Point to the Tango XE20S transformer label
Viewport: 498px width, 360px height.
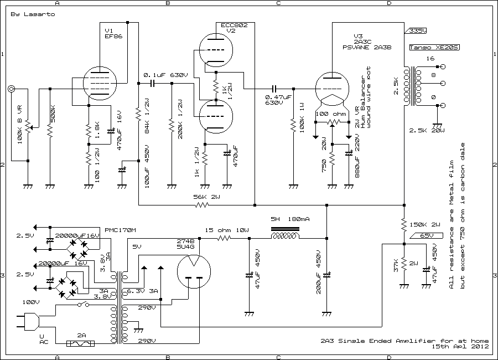pos(427,48)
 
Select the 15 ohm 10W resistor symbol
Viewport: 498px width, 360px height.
pos(224,238)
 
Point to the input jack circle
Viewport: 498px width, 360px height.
pos(11,89)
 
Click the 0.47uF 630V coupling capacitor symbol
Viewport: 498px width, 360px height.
pos(274,89)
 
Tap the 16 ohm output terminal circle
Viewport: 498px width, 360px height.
pos(442,67)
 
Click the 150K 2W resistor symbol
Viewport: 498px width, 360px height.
pos(404,224)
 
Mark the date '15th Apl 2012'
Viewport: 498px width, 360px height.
pos(460,347)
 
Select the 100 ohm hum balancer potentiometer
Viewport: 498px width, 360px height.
pos(331,122)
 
